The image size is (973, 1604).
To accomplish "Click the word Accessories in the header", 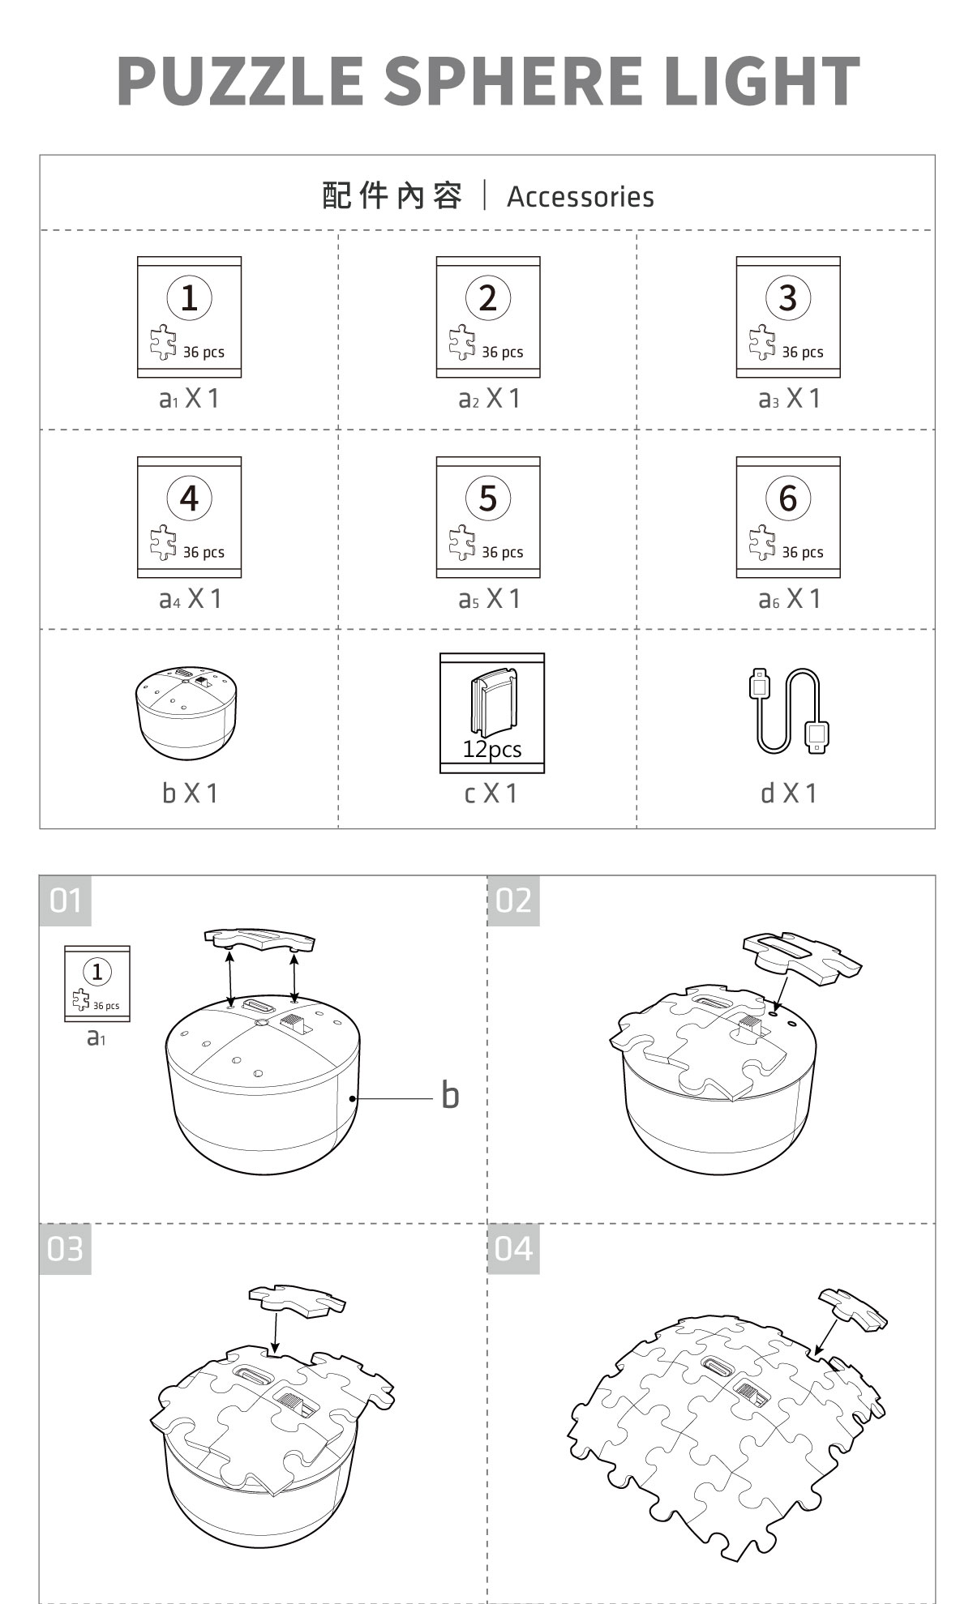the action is pos(581,197).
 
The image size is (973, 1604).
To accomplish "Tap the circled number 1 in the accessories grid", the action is pos(189,297).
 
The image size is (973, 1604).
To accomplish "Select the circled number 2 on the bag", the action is pos(488,297).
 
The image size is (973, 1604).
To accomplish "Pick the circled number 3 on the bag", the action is pos(788,297).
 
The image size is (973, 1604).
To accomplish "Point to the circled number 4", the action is pos(189,498).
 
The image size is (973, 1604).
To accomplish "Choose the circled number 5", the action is pos(488,498).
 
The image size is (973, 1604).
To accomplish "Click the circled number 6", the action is pos(788,498).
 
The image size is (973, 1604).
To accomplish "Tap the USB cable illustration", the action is pos(789,711).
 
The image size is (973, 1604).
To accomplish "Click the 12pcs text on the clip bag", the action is pos(492,749).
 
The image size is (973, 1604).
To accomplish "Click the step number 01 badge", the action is pos(66,900).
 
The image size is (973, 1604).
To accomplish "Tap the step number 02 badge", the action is pos(513,900).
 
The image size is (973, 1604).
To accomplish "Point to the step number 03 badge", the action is pos(66,1249).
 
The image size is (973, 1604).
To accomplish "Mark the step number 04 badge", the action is pos(513,1249).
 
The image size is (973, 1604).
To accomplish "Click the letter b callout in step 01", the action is pos(450,1095).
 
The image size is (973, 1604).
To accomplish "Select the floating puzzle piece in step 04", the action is pos(853,1309).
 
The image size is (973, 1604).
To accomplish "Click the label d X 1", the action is pos(789,793).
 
